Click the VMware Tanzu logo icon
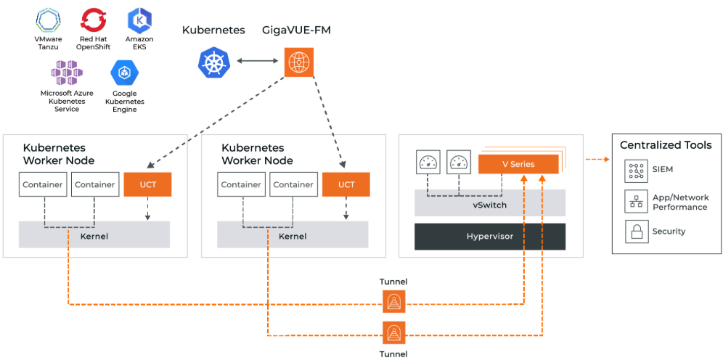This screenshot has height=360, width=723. click(x=48, y=20)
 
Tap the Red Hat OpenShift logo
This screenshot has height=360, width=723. click(x=93, y=20)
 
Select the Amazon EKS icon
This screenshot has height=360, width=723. click(x=139, y=20)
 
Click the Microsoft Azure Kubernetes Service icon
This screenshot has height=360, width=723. click(x=67, y=73)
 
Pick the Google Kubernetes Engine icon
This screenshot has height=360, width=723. click(x=124, y=73)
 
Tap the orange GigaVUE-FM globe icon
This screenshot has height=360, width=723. click(x=298, y=62)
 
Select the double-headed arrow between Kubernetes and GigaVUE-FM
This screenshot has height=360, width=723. click(x=255, y=62)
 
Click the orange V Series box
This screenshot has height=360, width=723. click(x=518, y=164)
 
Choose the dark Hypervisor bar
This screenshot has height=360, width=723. click(x=490, y=237)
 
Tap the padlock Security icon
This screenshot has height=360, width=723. click(x=636, y=232)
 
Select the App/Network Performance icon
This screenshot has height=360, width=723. click(x=636, y=201)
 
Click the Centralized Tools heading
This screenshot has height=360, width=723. click(x=666, y=145)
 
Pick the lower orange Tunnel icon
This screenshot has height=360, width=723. click(x=393, y=333)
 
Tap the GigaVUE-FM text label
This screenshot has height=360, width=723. click(x=295, y=30)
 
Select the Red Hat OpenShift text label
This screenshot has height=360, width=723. click(x=93, y=43)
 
